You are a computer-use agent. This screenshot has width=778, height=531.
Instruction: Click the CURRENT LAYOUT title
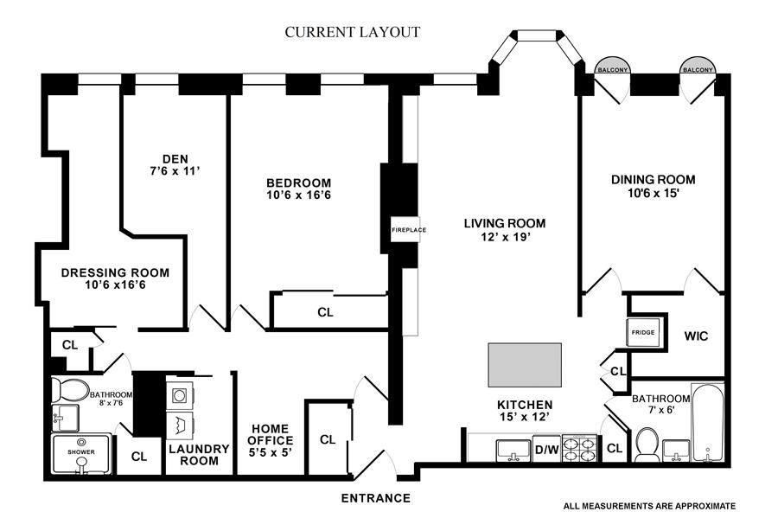click(x=353, y=33)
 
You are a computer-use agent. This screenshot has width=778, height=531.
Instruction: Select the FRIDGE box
click(x=642, y=333)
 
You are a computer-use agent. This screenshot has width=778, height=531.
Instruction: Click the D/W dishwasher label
click(x=545, y=449)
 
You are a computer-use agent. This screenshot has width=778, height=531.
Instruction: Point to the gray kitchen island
click(x=525, y=364)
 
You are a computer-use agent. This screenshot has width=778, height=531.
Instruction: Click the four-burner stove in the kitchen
click(x=579, y=449)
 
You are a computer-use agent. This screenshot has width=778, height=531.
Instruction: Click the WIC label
click(x=696, y=336)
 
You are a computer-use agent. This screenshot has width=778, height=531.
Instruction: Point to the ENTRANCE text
click(x=376, y=498)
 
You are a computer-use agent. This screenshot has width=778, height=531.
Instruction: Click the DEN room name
click(x=175, y=158)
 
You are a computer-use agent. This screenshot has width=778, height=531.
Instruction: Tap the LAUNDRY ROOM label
click(x=199, y=455)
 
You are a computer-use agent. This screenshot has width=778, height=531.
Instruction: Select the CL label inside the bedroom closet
click(x=325, y=312)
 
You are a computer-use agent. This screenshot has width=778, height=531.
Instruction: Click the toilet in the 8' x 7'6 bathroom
click(x=69, y=390)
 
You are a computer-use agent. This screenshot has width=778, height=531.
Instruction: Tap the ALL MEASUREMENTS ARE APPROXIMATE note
click(x=649, y=506)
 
